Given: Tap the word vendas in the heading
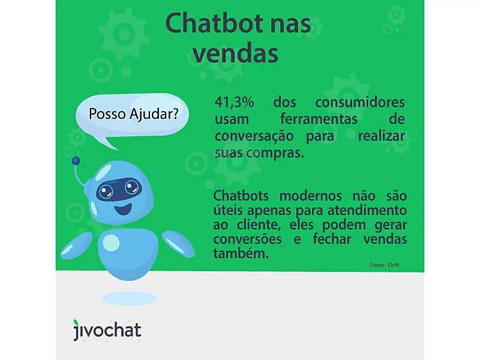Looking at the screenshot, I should tap(237, 53).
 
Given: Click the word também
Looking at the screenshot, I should tap(239, 254).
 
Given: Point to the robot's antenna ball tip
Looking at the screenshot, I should tap(76, 161).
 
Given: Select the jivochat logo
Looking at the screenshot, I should tap(107, 330).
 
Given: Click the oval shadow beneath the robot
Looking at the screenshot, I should tap(129, 298).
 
